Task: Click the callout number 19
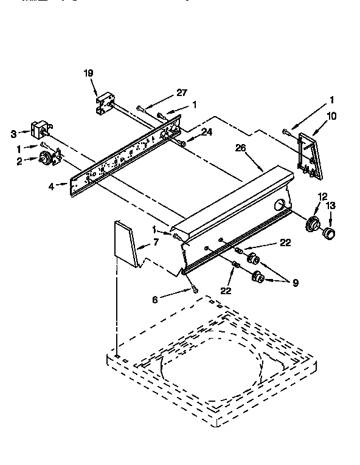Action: (x=88, y=74)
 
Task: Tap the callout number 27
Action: (x=181, y=93)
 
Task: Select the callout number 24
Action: (x=207, y=132)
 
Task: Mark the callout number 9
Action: (x=295, y=283)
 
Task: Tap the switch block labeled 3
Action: (x=40, y=129)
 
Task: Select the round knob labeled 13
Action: (x=329, y=233)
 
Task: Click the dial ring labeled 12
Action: (x=313, y=223)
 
